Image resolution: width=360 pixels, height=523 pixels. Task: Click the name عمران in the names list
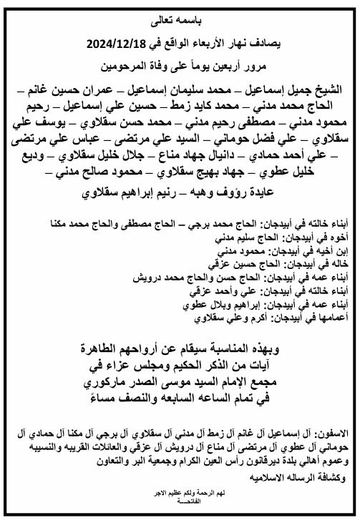pos(107,91)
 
